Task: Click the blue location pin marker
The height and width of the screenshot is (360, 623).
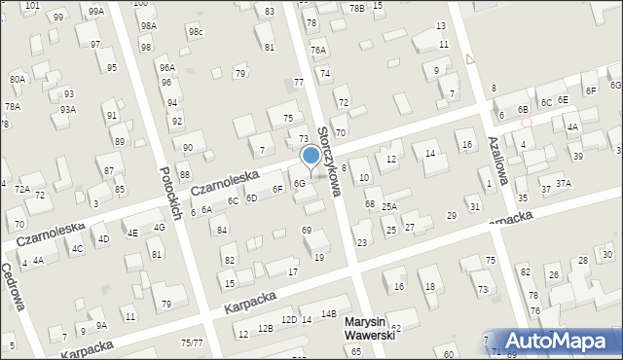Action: coord(311,156)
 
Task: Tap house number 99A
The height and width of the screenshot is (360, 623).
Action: coord(94,12)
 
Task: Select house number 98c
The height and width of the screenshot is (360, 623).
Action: coord(196,32)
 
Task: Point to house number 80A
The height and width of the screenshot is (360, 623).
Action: coord(17,79)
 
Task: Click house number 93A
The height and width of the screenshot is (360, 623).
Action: coord(67,110)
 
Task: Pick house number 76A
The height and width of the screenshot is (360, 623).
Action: coord(317,50)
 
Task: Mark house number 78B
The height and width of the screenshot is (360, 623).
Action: coord(357,8)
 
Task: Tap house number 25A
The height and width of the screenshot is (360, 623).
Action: coord(388,206)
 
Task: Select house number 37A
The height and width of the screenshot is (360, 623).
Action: coord(563,183)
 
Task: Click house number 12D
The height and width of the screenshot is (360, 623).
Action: coord(288,319)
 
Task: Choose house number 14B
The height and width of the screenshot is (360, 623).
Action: coord(329,313)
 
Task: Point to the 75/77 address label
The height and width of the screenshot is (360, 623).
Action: coord(191,342)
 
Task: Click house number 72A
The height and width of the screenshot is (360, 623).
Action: coord(21,188)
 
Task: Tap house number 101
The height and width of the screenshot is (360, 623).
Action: coord(32,6)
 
